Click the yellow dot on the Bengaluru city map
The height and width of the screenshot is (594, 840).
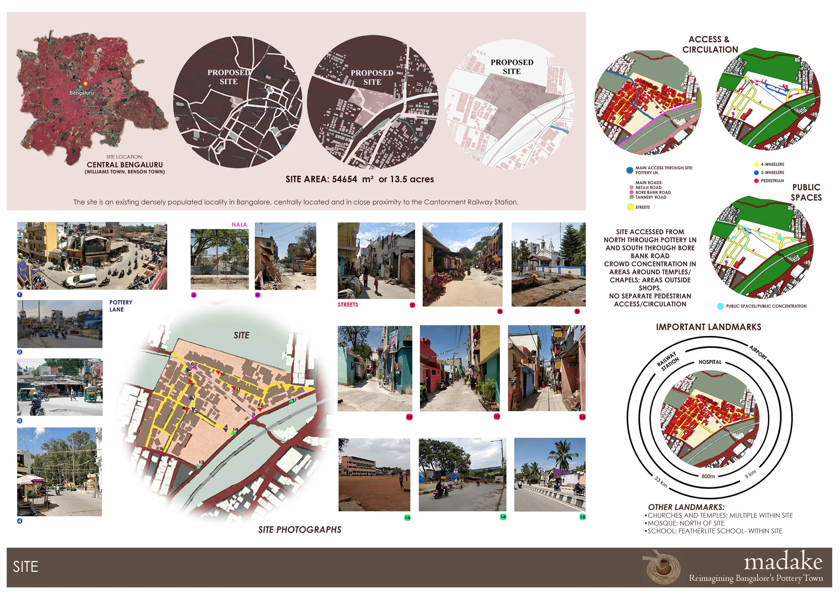85,84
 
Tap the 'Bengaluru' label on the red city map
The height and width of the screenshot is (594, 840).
82,93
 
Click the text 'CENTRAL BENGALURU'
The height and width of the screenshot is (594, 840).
125,165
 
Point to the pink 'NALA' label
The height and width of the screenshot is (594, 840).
239,224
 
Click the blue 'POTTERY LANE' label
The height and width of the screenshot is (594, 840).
121,306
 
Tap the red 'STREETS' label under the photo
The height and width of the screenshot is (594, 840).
347,305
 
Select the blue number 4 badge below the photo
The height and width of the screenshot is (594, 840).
20,521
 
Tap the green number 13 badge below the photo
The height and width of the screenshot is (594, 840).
407,517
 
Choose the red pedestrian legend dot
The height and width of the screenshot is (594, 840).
756,181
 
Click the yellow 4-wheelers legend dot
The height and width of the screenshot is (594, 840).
756,165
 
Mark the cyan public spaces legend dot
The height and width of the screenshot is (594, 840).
720,306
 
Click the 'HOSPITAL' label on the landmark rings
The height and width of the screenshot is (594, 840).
710,362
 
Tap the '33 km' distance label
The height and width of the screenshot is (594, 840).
661,481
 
